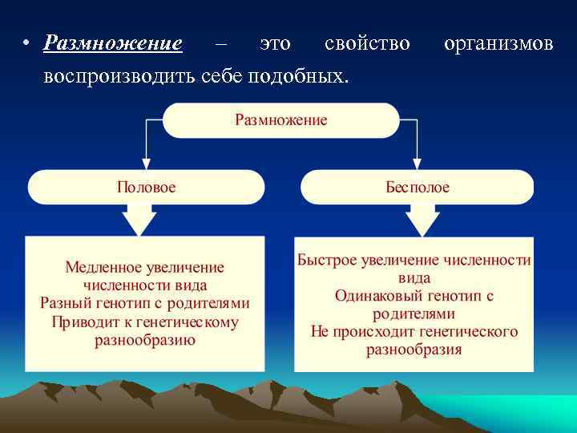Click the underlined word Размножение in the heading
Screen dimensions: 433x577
coord(113,42)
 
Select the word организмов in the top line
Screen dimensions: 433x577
coord(498,42)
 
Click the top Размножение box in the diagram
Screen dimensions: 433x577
coord(280,120)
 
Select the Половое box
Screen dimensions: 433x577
coord(146,187)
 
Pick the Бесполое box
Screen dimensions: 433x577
coord(417,187)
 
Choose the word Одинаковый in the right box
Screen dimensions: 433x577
coord(377,296)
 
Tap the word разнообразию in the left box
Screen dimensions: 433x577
coord(145,341)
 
